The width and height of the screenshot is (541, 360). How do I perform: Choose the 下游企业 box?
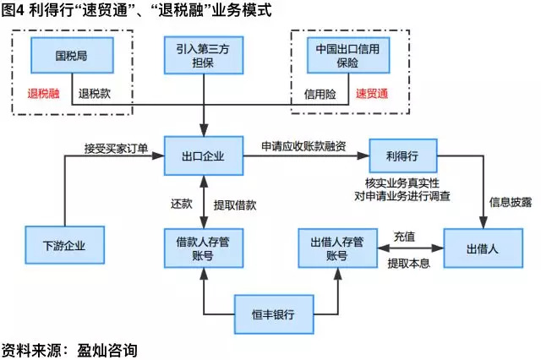65,247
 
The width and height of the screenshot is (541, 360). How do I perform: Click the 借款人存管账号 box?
203,247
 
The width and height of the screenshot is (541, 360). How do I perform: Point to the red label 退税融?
44,93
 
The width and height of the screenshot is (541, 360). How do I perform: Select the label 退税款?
93,93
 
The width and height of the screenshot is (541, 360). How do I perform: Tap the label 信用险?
320,93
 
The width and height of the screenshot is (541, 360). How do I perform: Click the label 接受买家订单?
116,148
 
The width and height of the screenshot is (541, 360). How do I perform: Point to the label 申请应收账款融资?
304,147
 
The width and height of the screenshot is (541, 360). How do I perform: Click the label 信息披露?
510,202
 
